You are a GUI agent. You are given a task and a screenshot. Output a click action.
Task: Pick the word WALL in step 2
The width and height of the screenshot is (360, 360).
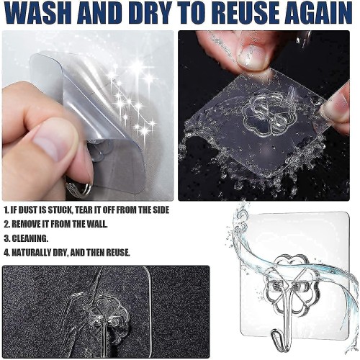pyautogui.click(x=96, y=224)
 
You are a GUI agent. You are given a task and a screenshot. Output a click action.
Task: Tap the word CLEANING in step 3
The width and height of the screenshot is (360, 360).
pyautogui.click(x=30, y=238)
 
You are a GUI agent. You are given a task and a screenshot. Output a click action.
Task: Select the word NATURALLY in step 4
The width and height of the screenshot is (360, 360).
pyautogui.click(x=32, y=253)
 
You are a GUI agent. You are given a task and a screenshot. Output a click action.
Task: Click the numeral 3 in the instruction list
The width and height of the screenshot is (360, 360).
pyautogui.click(x=6, y=238)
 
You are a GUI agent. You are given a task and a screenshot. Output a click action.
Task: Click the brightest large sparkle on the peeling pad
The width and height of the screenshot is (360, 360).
pyautogui.click(x=138, y=66)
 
